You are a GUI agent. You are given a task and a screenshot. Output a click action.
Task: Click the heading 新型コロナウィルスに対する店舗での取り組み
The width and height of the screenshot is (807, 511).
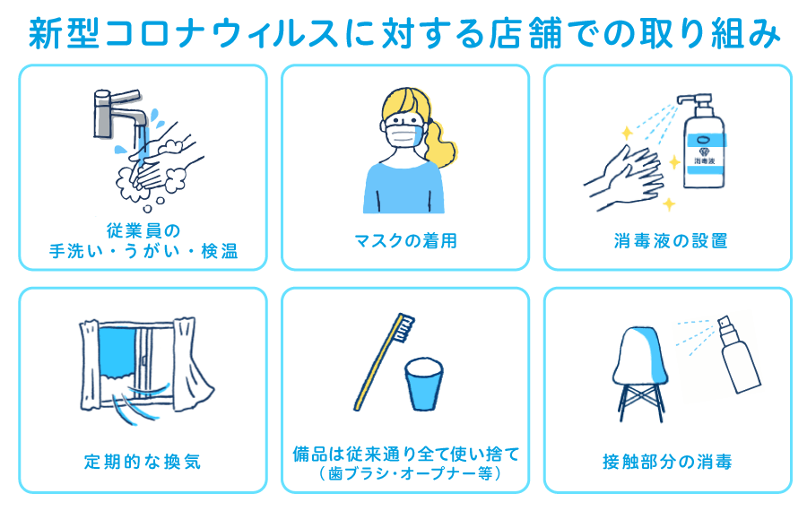(403, 33)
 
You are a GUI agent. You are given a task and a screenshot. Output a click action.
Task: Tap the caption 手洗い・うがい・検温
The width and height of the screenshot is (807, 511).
(143, 252)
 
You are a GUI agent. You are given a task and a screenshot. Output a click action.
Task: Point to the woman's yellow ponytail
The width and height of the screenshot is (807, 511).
(442, 143)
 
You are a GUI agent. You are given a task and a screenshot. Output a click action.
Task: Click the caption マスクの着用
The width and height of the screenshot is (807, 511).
(404, 240)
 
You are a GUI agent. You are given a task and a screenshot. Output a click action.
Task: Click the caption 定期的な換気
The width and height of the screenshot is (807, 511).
(143, 462)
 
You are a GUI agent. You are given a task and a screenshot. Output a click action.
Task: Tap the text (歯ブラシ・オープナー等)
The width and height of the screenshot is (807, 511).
(406, 472)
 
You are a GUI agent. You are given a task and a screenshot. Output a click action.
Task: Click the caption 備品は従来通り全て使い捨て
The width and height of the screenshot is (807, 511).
(406, 454)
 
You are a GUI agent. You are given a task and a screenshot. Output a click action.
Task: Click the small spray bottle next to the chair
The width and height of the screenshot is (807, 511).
(735, 359)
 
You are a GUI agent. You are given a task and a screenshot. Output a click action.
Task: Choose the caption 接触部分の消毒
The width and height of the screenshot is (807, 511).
(667, 462)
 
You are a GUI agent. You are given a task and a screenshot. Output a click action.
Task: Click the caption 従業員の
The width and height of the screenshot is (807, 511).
(143, 231)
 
